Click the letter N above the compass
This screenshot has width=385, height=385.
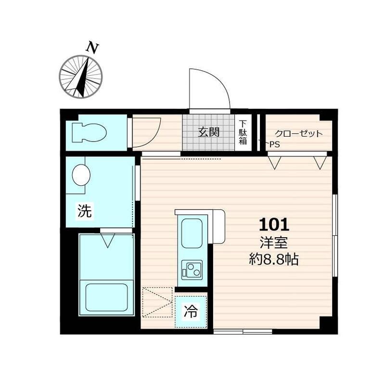[92, 49]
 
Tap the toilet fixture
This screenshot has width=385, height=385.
[90, 133]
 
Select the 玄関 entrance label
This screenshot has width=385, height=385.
[208, 132]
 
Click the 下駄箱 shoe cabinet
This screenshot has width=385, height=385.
[243, 132]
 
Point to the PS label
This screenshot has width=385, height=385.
[275, 144]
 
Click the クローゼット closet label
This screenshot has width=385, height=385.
[298, 134]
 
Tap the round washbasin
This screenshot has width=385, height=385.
[81, 175]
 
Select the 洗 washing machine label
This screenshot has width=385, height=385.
[85, 210]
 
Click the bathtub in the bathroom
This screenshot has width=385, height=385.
[106, 297]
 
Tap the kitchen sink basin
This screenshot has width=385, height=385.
[192, 233]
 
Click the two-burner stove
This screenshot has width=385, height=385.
[192, 270]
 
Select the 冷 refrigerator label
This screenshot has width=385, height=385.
[191, 311]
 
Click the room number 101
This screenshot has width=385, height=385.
[274, 225]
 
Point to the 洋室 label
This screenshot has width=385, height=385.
[274, 243]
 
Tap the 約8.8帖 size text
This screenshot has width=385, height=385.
[274, 259]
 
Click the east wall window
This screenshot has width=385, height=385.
[335, 235]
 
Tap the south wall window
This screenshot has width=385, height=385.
[243, 332]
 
